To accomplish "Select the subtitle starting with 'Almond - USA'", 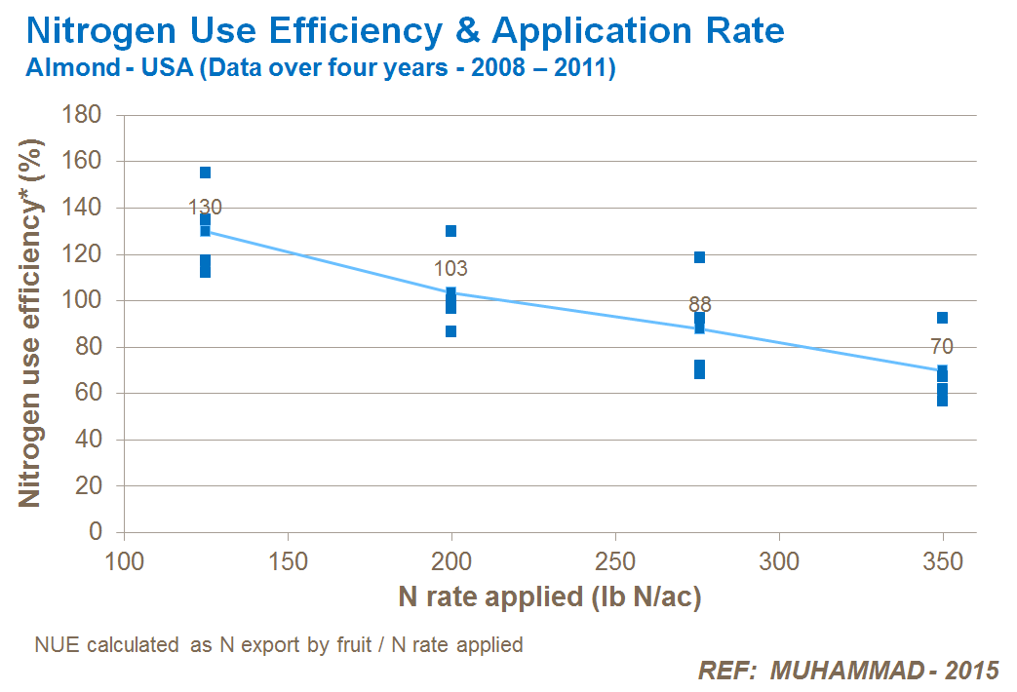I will (x=321, y=70).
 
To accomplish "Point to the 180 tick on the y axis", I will (x=83, y=115).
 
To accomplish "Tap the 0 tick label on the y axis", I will (x=96, y=532).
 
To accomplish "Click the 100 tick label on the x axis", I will (x=123, y=562).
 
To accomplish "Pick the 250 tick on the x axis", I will (x=615, y=562).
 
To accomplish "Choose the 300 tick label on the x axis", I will (x=779, y=562).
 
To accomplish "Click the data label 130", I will (x=205, y=207).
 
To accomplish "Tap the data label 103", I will (x=450, y=269).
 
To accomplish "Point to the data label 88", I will (x=699, y=305).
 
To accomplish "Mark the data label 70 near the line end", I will (x=941, y=346).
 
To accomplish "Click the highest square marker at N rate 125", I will (x=205, y=173).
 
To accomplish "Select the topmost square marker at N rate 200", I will (x=451, y=231).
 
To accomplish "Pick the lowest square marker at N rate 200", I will (x=451, y=331).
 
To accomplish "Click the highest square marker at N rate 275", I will (x=699, y=257).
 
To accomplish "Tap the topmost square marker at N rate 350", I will (x=942, y=318).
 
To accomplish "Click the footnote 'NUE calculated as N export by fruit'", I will (x=279, y=645).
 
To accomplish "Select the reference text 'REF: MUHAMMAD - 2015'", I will (x=848, y=671).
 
